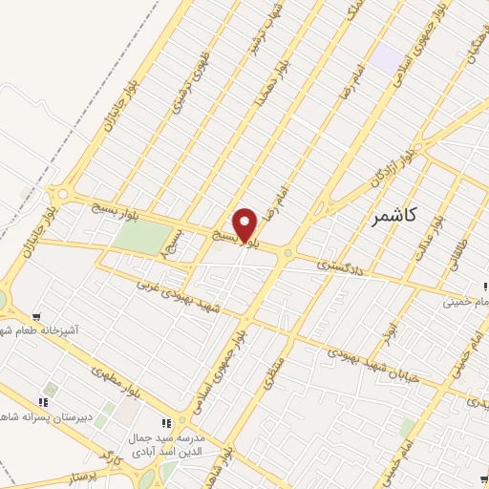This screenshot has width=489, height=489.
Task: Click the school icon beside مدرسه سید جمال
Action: pyautogui.click(x=166, y=422)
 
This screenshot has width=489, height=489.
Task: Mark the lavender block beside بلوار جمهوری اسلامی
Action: pyautogui.click(x=386, y=57)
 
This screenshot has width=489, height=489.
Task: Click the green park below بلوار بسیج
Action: pyautogui.click(x=143, y=238)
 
